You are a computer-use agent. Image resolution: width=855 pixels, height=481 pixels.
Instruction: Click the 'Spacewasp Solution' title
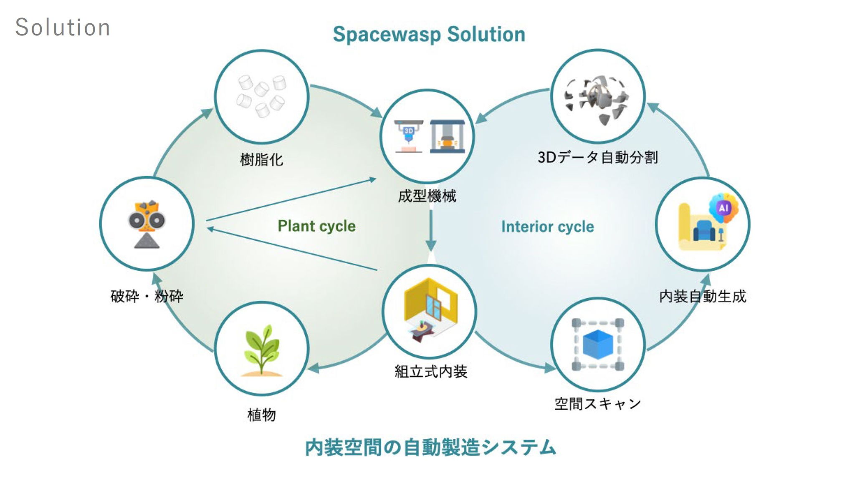point(429,34)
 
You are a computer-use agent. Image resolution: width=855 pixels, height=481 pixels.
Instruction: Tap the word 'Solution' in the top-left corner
point(63,28)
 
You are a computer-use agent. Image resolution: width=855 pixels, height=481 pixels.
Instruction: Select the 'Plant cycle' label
point(316,226)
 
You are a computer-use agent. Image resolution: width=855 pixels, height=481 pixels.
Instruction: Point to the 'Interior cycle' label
point(547,227)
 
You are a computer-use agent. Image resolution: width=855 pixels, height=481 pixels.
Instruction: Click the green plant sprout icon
point(262,350)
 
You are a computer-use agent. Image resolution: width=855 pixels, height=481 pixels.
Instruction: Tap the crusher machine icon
point(147,224)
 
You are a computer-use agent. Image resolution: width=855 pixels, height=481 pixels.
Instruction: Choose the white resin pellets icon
point(262,96)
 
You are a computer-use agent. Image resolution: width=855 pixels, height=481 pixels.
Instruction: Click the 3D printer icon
point(408,136)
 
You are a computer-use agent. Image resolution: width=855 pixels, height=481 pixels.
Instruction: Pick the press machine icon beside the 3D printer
point(447,136)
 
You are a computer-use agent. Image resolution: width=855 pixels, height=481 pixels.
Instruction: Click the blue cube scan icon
point(598,345)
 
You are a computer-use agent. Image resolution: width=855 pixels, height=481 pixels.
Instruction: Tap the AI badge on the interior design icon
point(723,207)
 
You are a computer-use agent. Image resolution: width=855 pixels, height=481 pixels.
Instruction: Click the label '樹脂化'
point(262,159)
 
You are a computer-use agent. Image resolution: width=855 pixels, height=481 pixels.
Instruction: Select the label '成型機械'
point(427,196)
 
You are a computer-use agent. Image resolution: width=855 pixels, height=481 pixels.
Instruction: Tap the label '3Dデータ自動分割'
point(597,157)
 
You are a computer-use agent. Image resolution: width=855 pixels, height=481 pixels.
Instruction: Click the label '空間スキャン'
point(597,403)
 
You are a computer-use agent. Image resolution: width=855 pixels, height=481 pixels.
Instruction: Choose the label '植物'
point(262,415)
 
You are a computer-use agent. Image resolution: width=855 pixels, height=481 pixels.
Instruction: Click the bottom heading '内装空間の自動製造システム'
point(430,447)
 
